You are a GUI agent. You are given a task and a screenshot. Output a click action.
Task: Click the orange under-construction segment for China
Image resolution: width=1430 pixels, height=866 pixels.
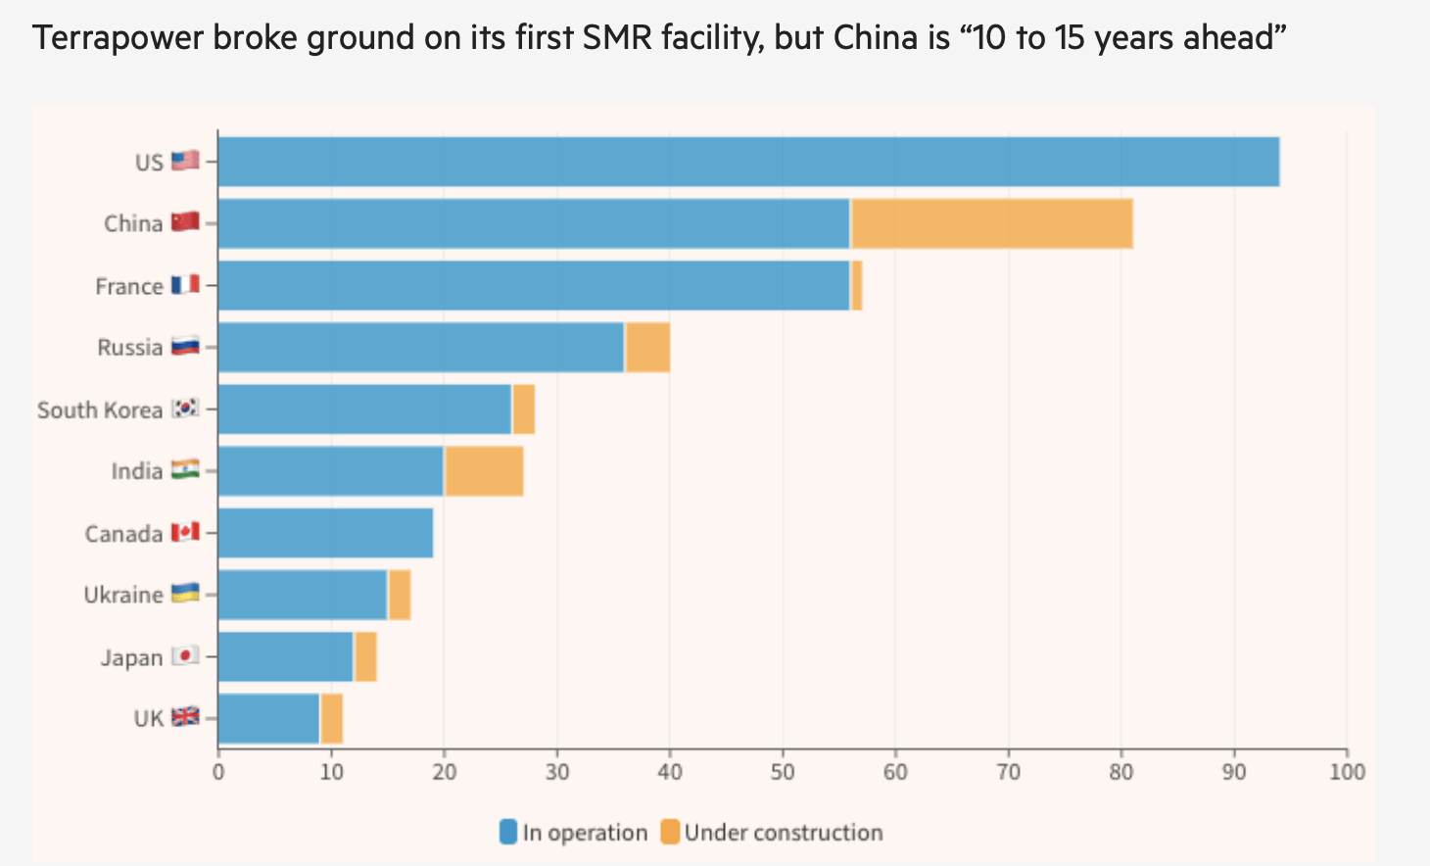991,223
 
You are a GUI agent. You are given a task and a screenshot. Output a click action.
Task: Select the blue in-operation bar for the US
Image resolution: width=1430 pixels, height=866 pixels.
748,162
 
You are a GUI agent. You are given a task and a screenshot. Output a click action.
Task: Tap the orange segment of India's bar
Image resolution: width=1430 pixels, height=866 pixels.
484,471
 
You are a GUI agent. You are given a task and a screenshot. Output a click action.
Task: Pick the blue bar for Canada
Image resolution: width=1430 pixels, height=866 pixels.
325,533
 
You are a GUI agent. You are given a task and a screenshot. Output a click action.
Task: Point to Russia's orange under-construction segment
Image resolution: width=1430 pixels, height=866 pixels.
647,347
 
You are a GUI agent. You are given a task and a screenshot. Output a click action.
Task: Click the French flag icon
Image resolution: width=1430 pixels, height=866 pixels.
185,284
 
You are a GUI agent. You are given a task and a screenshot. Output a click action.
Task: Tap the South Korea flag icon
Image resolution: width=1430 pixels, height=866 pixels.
185,408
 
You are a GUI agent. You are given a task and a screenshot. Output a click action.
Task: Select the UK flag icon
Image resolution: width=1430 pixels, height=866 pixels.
185,717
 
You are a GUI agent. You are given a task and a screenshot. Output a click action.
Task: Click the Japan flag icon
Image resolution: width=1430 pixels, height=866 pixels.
185,655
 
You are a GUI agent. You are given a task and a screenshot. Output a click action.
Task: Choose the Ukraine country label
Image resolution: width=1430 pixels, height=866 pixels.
123,595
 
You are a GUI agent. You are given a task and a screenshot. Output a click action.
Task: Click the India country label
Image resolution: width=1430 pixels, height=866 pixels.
136,471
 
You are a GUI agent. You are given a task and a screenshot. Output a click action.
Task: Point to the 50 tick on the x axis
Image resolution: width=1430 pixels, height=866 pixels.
783,772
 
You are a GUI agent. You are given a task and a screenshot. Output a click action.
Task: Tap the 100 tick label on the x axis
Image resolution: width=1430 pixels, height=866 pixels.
1347,772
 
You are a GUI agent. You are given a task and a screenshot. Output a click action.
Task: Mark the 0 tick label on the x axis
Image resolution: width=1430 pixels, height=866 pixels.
218,772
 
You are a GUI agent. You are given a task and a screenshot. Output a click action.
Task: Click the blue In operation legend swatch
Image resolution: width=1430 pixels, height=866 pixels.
508,833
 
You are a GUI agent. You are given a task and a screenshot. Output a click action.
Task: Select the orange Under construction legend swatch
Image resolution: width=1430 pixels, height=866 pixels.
670,833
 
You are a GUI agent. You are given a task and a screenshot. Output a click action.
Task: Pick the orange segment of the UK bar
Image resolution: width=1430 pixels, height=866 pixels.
332,718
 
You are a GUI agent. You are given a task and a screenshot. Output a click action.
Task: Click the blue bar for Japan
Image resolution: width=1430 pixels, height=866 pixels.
285,656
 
